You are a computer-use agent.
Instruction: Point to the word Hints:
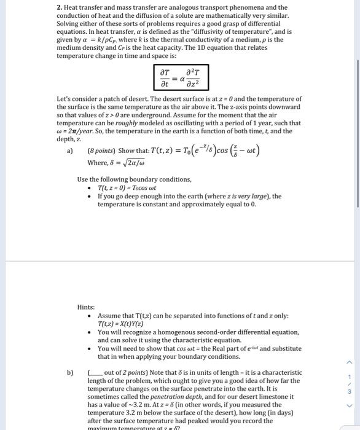pyautogui.click(x=86, y=307)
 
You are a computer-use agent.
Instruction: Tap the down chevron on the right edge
pyautogui.click(x=350, y=405)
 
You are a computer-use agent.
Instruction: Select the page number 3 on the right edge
pyautogui.click(x=350, y=391)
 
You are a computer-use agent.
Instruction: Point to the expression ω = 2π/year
pyautogui.click(x=80, y=131)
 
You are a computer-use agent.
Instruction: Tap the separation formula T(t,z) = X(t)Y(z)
pyautogui.click(x=120, y=324)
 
